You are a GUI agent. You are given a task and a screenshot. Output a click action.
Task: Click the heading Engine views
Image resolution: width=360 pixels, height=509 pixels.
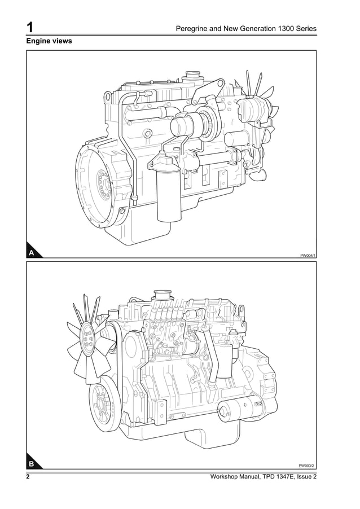point(49,42)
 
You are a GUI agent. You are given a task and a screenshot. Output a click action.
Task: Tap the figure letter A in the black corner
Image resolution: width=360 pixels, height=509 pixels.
point(32,253)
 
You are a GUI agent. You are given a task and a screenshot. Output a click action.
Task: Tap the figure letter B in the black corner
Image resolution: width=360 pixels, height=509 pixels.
point(32,464)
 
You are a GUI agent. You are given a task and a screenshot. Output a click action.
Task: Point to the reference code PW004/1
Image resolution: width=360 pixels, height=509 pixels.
point(308,256)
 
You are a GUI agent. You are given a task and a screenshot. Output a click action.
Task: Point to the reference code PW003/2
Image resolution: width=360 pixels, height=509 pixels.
point(307,466)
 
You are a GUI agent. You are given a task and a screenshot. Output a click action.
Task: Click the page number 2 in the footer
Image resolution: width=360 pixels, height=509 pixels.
point(28,477)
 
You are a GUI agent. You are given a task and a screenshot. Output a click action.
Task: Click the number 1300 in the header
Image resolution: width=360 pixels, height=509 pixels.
point(280,28)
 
